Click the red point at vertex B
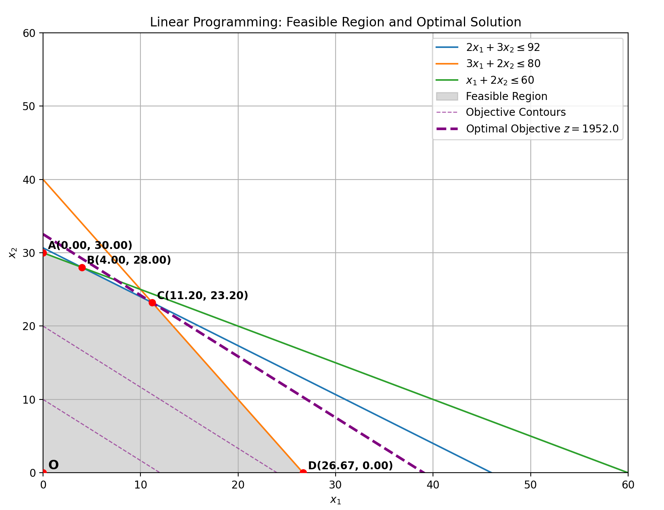(x=82, y=267)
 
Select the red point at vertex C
(x=152, y=303)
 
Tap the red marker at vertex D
(x=303, y=472)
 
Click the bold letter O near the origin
(x=54, y=465)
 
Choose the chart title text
(x=335, y=22)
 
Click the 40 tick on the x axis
(x=433, y=485)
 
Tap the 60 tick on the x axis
(x=628, y=485)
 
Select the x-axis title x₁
(x=335, y=500)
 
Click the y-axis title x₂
(x=13, y=253)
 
